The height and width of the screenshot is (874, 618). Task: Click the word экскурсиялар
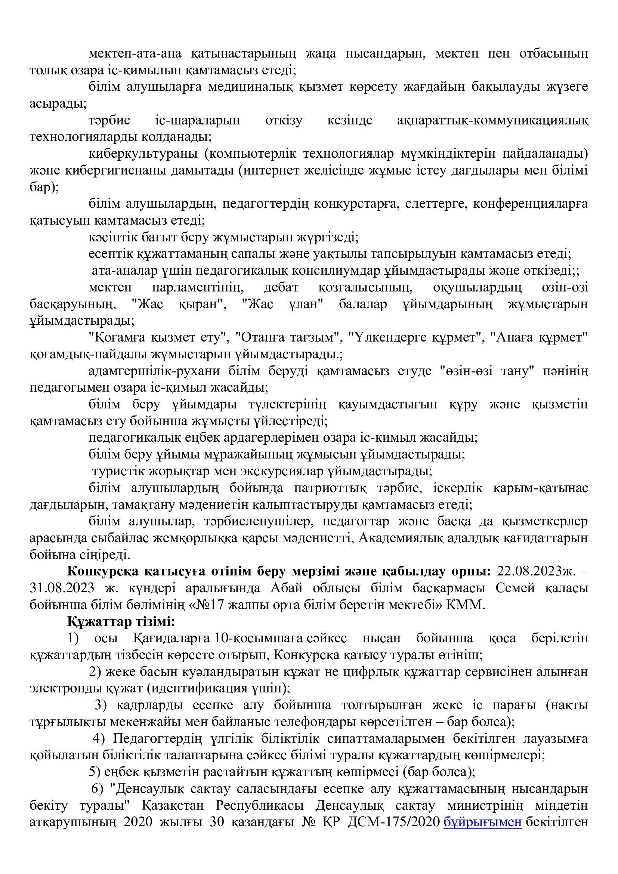click(x=282, y=471)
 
